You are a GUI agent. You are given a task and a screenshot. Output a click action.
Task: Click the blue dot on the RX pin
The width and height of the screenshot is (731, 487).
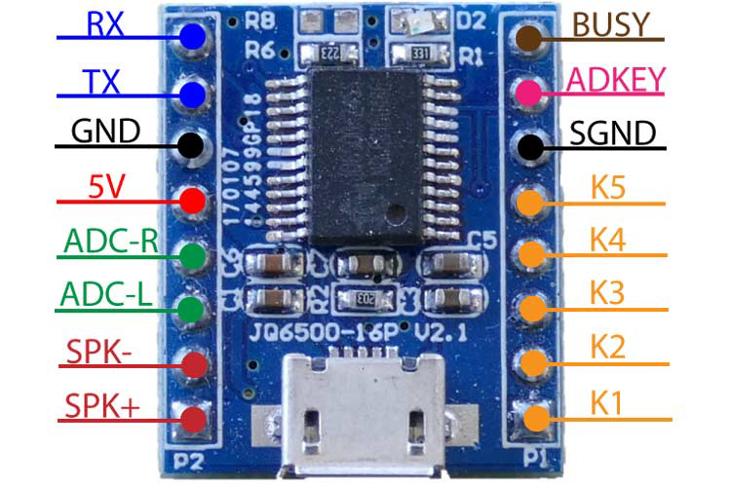tap(192, 37)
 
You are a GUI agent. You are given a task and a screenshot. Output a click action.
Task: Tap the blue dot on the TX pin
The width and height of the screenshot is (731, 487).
tap(192, 94)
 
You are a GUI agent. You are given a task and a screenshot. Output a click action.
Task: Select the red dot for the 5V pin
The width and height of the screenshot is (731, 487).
tap(192, 202)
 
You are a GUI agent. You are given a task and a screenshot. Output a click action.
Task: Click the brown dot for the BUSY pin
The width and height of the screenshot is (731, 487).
tap(531, 38)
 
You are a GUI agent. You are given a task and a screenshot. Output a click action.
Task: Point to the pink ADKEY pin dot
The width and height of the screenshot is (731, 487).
tap(531, 93)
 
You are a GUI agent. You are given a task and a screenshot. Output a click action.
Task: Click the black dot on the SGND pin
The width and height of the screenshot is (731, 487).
tap(531, 148)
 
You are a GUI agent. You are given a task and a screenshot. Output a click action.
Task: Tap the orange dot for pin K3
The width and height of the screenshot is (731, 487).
tap(531, 308)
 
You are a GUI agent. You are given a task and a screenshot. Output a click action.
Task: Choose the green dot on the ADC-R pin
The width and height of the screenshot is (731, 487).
tap(192, 256)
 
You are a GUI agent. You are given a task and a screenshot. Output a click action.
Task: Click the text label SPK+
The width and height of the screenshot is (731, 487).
tap(101, 404)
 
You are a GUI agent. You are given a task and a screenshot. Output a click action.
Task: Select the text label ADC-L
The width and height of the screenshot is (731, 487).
tap(105, 293)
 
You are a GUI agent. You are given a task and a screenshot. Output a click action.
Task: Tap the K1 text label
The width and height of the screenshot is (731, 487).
tap(606, 402)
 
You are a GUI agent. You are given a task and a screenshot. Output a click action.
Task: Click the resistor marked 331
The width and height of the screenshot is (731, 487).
tap(420, 53)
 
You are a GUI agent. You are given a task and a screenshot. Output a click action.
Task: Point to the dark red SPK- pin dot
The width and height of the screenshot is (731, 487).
tap(193, 363)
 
